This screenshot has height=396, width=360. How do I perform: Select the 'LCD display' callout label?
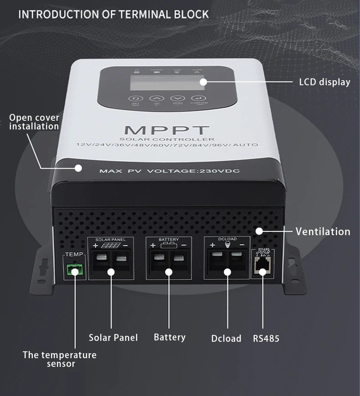(324, 82)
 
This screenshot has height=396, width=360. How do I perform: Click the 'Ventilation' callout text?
(323, 231)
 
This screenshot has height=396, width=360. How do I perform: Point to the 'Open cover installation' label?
(34, 122)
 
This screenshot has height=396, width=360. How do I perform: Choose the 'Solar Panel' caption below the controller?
(113, 338)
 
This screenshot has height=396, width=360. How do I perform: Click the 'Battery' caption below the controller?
(170, 337)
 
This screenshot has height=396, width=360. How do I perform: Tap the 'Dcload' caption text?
(226, 339)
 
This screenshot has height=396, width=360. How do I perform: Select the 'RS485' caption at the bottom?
(266, 339)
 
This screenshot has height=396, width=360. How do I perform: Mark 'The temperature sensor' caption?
(60, 359)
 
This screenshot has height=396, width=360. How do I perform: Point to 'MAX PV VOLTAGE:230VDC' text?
(169, 171)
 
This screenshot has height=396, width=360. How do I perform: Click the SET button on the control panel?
(135, 98)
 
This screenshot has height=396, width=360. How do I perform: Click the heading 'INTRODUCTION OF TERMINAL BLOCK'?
(113, 14)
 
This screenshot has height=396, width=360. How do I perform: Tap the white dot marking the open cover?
(78, 168)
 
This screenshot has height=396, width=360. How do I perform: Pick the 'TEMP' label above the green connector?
(73, 254)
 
